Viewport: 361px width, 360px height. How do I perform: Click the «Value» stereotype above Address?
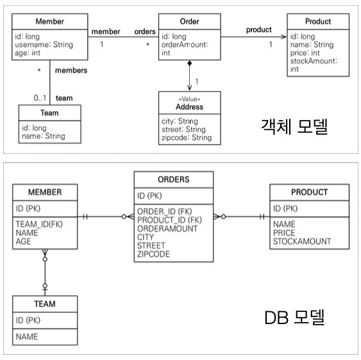click(x=189, y=99)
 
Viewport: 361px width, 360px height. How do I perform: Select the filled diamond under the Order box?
click(x=190, y=63)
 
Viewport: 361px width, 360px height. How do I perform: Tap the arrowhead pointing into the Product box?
click(x=283, y=37)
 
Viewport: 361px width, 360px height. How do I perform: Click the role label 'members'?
click(x=71, y=71)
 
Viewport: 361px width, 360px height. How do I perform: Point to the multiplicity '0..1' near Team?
click(x=40, y=98)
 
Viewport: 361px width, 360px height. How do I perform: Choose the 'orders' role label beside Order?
click(x=145, y=31)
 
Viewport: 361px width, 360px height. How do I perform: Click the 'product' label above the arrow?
click(x=259, y=30)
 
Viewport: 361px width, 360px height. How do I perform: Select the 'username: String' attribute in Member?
click(x=44, y=44)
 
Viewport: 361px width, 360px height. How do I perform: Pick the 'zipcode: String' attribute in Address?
click(x=187, y=137)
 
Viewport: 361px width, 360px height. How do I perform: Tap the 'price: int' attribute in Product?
click(x=305, y=53)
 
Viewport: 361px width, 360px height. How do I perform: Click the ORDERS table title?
click(x=174, y=179)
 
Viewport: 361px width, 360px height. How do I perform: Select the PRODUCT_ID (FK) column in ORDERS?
click(x=169, y=220)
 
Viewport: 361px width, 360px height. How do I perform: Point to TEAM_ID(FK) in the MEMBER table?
click(x=39, y=224)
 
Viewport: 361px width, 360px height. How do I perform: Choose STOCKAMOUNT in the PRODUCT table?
click(x=302, y=241)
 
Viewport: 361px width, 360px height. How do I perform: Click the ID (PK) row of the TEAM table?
click(x=28, y=320)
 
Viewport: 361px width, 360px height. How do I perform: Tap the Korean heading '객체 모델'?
click(x=294, y=126)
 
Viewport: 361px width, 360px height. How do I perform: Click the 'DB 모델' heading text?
click(x=295, y=317)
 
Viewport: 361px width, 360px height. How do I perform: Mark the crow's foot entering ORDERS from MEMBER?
click(x=130, y=217)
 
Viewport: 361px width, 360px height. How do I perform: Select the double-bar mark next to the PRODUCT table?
click(x=262, y=217)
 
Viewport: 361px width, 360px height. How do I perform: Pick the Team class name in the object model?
click(x=49, y=113)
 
